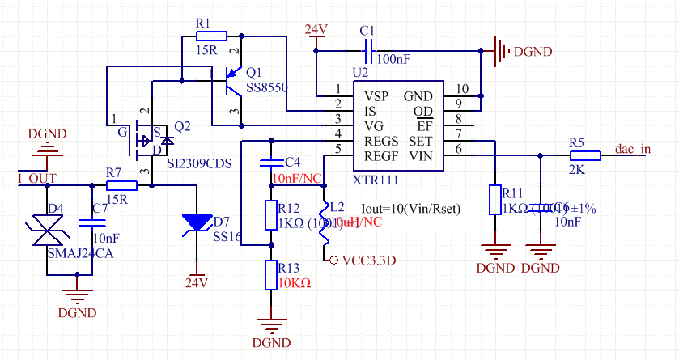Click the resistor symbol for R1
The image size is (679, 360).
(211, 36)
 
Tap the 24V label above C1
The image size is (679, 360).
(316, 31)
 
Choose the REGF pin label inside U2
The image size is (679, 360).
(381, 155)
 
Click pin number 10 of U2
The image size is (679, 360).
(462, 89)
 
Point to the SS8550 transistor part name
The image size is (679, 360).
(267, 87)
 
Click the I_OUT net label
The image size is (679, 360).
(36, 177)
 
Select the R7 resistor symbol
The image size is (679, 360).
(121, 185)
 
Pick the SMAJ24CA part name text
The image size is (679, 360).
(81, 254)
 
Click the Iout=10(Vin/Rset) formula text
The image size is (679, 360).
(410, 208)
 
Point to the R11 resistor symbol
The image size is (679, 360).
(494, 200)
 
